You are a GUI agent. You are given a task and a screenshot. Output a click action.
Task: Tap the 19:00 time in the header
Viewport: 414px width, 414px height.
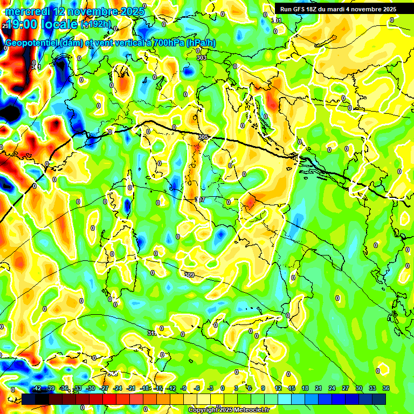pyautogui.click(x=23, y=24)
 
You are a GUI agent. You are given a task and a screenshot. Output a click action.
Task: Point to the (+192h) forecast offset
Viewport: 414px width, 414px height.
pyautogui.click(x=96, y=24)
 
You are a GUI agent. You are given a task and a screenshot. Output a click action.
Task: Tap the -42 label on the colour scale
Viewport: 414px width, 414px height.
pyautogui.click(x=37, y=388)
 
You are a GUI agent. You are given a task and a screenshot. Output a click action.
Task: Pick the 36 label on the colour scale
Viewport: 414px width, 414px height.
pyautogui.click(x=386, y=388)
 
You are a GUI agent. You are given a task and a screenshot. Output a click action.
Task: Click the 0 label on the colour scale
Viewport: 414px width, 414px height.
pyautogui.click(x=223, y=388)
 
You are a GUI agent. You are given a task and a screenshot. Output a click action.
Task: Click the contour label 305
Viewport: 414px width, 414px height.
pyautogui.click(x=203, y=137)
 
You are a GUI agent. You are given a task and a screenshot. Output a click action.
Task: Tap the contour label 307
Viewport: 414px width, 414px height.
pyautogui.click(x=199, y=200)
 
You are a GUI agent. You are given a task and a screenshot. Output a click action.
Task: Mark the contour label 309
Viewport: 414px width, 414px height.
pyautogui.click(x=189, y=275)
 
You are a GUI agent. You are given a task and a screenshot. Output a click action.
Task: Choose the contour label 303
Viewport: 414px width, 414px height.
pyautogui.click(x=202, y=58)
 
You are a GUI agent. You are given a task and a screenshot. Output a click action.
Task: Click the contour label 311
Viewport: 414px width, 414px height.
pyautogui.click(x=152, y=334)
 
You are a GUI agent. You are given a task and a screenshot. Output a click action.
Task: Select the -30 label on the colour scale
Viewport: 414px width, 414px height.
pyautogui.click(x=91, y=388)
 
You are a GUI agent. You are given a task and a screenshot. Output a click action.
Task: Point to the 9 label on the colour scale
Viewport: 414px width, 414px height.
pyautogui.click(x=263, y=388)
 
